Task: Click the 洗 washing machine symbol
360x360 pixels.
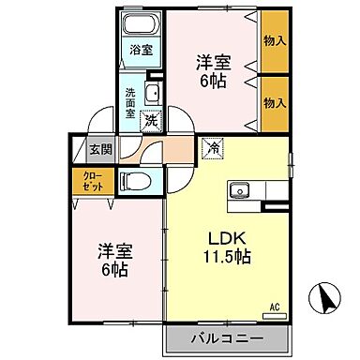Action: pyautogui.click(x=150, y=120)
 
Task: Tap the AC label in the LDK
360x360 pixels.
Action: pyautogui.click(x=275, y=306)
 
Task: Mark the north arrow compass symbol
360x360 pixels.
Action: pyautogui.click(x=327, y=299)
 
